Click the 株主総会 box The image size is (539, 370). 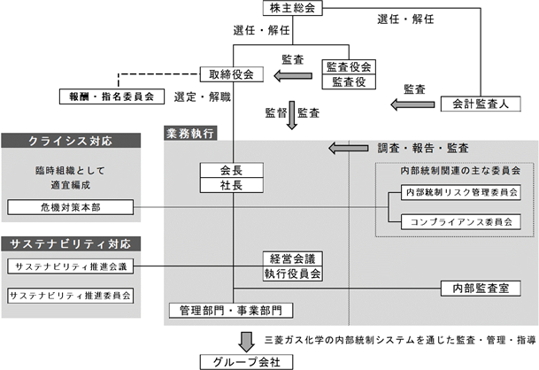coord(293,8)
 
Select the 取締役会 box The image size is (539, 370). coord(232,74)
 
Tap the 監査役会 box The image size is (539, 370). coord(349,67)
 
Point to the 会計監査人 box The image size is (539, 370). coord(481,104)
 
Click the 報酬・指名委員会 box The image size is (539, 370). coord(112,96)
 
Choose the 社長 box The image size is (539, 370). coord(232,185)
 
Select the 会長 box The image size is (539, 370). coord(232,170)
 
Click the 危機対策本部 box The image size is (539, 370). coord(71,207)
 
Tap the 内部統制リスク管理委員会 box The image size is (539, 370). coord(461,193)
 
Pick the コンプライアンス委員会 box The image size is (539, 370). coord(461,222)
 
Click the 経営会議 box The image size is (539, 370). coord(293,258)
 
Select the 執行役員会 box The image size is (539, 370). coord(293,274)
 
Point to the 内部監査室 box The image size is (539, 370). coord(481,289)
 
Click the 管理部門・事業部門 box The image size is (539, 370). coord(231,311)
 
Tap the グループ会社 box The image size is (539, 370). coord(246,362)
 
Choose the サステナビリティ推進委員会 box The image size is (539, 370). coord(71,296)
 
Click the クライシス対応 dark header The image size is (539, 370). coord(71,141)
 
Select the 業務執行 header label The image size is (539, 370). coord(190,134)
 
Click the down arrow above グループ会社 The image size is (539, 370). coord(246,342)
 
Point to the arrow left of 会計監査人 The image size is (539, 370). coord(412,104)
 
